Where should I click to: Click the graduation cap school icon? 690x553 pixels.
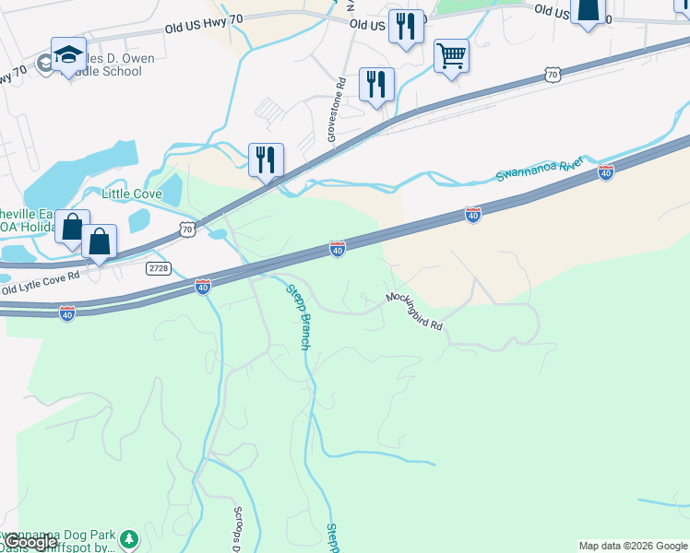tap(68, 55)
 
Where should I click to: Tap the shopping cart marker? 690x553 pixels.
tap(451, 56)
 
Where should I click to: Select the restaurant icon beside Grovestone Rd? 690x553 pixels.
tap(376, 86)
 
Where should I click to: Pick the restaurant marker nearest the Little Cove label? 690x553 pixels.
tap(266, 160)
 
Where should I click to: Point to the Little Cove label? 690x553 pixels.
tap(131, 194)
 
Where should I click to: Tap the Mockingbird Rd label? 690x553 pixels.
tap(414, 312)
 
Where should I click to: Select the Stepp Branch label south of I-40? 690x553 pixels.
tap(295, 315)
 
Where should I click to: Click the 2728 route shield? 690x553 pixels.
tap(159, 266)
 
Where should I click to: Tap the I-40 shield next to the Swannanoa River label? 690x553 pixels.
tap(605, 171)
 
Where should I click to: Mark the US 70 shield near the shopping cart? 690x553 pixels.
tap(552, 74)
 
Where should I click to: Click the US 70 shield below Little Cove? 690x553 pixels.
tap(187, 228)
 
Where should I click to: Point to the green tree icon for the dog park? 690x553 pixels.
tap(130, 538)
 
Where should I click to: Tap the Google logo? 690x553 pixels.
tap(30, 542)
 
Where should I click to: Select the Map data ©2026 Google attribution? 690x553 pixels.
tap(633, 546)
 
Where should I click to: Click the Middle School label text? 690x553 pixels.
tap(115, 73)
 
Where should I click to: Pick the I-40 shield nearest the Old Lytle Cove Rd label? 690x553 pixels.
tap(66, 314)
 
